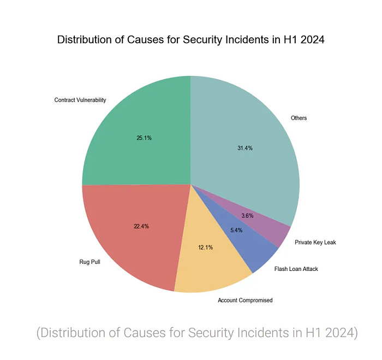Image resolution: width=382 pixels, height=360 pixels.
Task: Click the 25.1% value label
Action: (x=144, y=138)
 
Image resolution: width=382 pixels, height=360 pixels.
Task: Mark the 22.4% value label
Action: (x=141, y=226)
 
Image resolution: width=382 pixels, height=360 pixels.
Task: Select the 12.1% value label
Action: (x=205, y=247)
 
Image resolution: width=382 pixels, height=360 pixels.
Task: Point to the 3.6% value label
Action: (x=262, y=216)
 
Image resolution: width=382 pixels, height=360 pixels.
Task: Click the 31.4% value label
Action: (x=245, y=148)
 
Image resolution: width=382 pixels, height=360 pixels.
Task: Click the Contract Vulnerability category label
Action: (x=80, y=100)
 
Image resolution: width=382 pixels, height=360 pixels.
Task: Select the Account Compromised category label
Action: (x=245, y=300)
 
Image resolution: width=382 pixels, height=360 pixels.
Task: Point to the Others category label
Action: (x=299, y=118)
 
